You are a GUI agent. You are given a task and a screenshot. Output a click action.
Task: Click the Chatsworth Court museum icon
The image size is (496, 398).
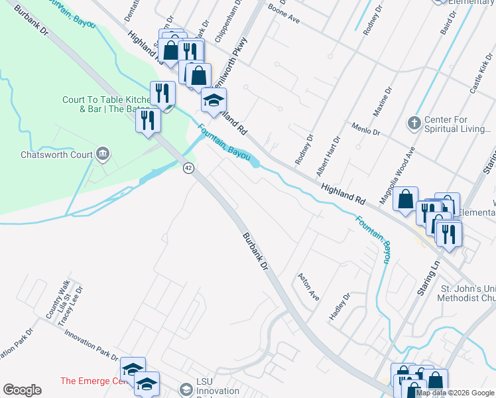tap(103, 155)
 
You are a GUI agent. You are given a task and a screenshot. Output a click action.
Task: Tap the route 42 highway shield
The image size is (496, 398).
tap(189, 168)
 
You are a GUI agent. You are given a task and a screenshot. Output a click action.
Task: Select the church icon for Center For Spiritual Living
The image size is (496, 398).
tap(414, 123)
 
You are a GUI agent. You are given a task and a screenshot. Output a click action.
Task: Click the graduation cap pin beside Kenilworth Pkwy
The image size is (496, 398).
tap(214, 100)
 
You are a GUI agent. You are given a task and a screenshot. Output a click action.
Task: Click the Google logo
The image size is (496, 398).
tap(23, 390)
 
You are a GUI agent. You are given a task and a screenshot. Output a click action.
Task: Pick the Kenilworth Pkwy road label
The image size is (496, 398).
tap(235, 54)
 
